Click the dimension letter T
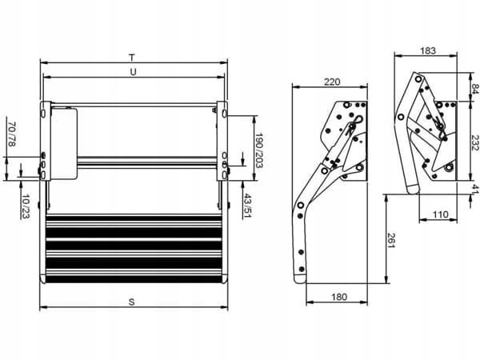coord(132,58)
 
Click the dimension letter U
coord(133,72)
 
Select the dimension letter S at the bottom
coord(132,302)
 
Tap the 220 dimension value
coord(332,82)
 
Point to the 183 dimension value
coord(428,51)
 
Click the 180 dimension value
coord(339,297)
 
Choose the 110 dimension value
coord(441,214)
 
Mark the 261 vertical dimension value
coord(392,240)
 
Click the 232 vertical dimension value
coord(474,142)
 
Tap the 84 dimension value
coord(474,88)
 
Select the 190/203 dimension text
coord(259,150)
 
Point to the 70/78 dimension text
coord(12,134)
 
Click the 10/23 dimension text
coord(26,206)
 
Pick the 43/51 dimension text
coord(248,206)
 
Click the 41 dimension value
coord(474,190)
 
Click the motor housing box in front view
coord(64,143)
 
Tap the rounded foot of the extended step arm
coord(300,278)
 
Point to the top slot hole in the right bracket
coord(224,114)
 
